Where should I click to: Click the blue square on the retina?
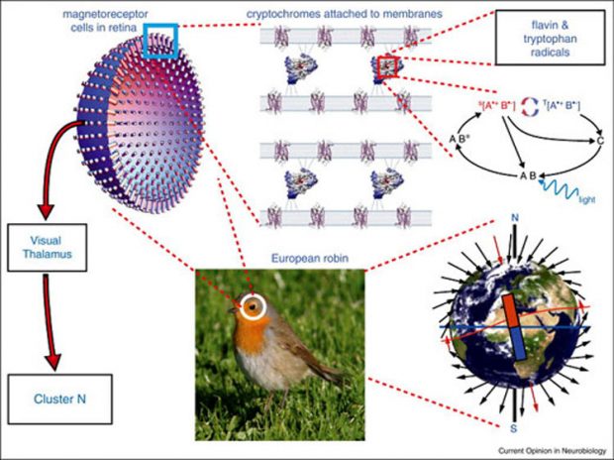tap(160, 41)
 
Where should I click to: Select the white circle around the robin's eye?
tap(254, 308)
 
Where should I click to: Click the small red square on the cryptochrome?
tap(385, 66)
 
